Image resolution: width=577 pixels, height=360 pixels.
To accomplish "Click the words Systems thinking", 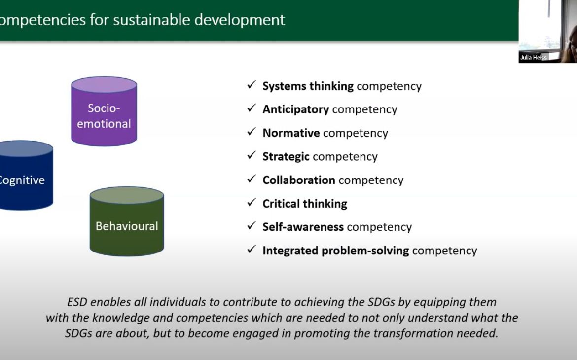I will pyautogui.click(x=308, y=86).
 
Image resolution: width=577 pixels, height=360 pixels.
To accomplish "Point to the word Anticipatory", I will pyautogui.click(x=295, y=109).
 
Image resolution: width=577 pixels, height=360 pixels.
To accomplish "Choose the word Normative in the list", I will pyautogui.click(x=291, y=133).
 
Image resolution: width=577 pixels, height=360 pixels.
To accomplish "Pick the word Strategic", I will pyautogui.click(x=286, y=157).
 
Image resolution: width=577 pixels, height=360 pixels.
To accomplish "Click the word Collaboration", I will pyautogui.click(x=299, y=180).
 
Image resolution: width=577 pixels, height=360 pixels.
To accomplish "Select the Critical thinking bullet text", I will pyautogui.click(x=305, y=204).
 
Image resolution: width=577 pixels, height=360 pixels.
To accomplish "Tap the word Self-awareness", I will pyautogui.click(x=303, y=227).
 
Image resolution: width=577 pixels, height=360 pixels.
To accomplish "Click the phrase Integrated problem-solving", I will pyautogui.click(x=335, y=251).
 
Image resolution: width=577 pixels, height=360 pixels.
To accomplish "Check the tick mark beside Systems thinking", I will pyautogui.click(x=252, y=85).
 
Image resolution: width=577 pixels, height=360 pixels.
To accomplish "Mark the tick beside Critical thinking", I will pyautogui.click(x=252, y=203).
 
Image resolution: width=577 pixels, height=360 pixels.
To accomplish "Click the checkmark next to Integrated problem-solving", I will pyautogui.click(x=252, y=250).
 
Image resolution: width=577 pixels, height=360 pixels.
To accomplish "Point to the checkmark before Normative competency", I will pyautogui.click(x=252, y=132).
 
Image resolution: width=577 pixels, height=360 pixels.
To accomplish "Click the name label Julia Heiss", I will pyautogui.click(x=533, y=58).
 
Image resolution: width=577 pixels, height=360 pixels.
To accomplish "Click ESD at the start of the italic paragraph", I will pyautogui.click(x=76, y=302).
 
